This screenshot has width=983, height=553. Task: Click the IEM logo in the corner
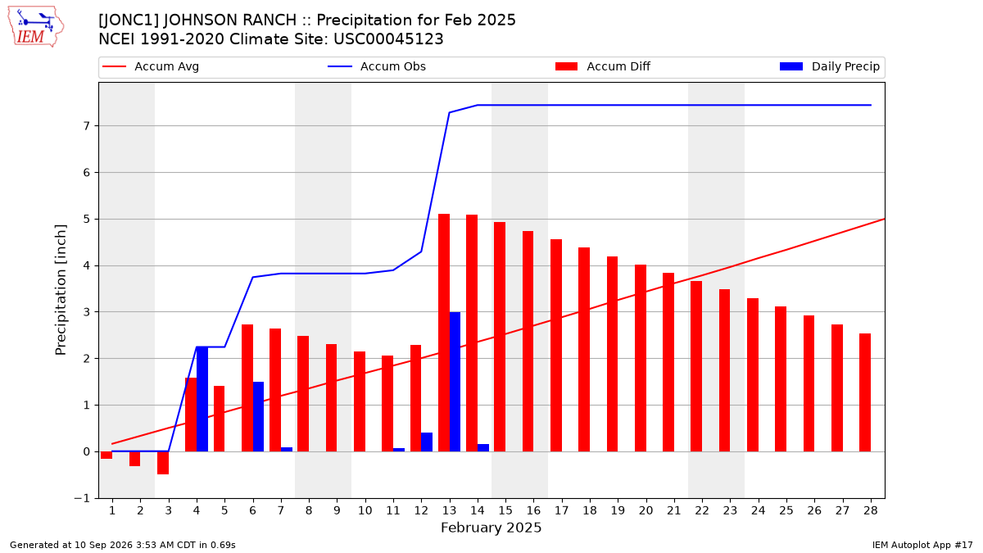click(36, 27)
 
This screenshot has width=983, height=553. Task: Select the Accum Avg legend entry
click(151, 66)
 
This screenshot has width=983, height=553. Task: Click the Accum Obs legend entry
click(377, 66)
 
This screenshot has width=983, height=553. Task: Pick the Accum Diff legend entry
click(603, 66)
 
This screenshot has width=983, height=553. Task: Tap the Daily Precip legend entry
click(829, 66)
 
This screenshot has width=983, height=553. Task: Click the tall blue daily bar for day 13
click(455, 382)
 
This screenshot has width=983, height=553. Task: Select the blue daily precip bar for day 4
click(202, 399)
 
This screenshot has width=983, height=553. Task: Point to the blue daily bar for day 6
click(259, 416)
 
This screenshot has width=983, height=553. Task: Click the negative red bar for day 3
click(163, 463)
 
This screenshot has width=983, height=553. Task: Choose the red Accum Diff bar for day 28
click(865, 392)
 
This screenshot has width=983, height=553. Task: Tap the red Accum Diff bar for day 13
click(444, 333)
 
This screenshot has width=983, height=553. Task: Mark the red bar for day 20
click(641, 358)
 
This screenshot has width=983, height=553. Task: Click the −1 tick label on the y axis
click(82, 498)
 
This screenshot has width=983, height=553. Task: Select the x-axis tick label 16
click(533, 510)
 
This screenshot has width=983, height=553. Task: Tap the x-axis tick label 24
click(759, 510)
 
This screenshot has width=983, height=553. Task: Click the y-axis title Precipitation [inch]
click(61, 290)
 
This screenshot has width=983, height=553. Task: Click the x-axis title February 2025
click(491, 528)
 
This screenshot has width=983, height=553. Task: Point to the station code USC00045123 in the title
click(388, 39)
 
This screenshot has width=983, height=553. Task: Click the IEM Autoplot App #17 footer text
click(922, 545)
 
